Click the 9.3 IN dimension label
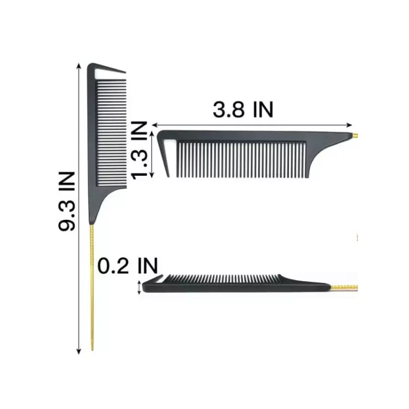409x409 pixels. tap(67, 201)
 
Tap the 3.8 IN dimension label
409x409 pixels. tap(243, 109)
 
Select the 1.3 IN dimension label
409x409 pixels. tap(139, 150)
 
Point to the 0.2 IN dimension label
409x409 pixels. tap(128, 266)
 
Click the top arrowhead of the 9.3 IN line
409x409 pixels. tap(79, 66)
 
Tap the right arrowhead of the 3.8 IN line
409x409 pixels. tap(349, 125)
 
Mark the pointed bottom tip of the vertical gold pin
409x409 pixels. tap(92, 350)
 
